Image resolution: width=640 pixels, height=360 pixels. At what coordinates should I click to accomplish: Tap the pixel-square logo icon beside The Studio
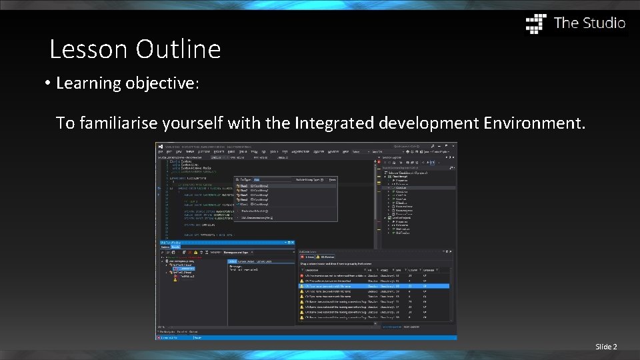[536, 23]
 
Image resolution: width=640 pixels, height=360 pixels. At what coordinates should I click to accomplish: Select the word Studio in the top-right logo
[604, 23]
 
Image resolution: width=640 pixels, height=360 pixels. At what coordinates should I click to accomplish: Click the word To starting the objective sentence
[65, 123]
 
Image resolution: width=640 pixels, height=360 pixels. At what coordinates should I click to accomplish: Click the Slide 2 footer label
[606, 347]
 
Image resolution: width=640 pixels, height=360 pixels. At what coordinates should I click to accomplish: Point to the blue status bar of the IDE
[307, 337]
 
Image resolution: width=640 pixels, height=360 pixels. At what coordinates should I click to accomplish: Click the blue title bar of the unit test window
[227, 243]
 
